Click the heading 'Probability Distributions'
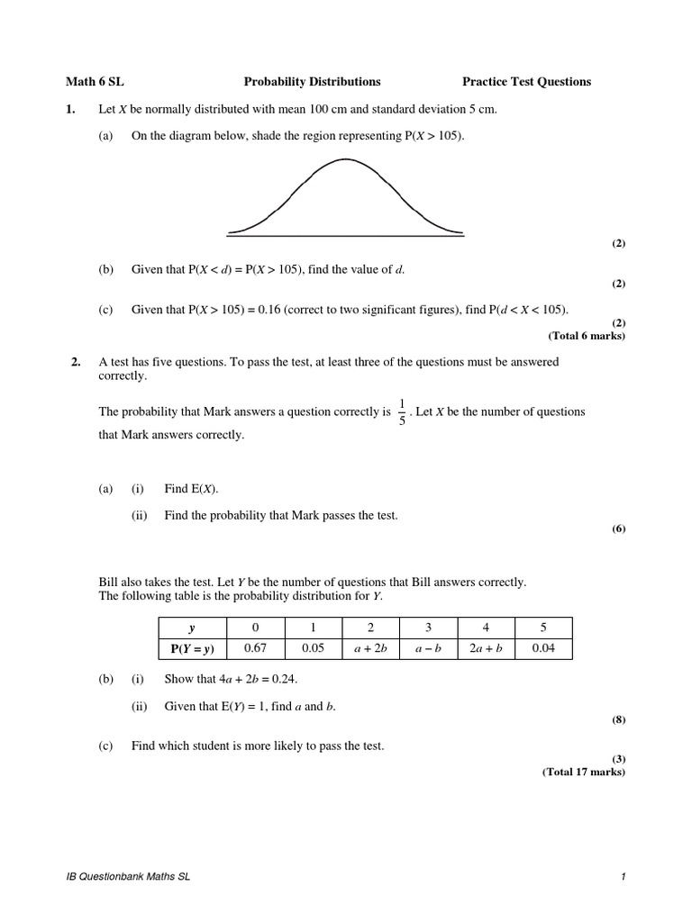tap(312, 82)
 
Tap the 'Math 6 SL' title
tap(88, 82)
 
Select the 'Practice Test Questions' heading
tap(526, 82)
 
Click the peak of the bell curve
tap(345, 159)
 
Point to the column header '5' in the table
tap(543, 628)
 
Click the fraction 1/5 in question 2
tap(401, 412)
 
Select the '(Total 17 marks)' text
tap(583, 773)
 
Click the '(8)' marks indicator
tap(618, 720)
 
